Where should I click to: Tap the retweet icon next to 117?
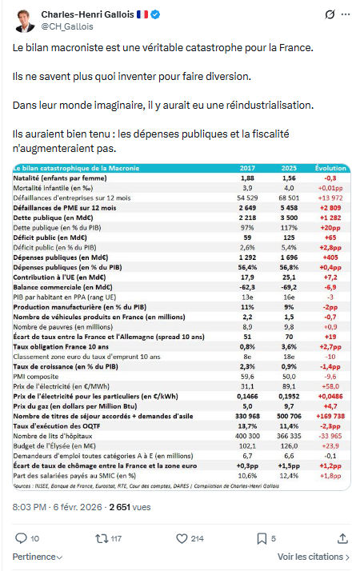(102, 538)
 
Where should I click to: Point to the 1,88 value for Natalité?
(247, 178)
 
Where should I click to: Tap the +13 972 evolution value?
(330, 195)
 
